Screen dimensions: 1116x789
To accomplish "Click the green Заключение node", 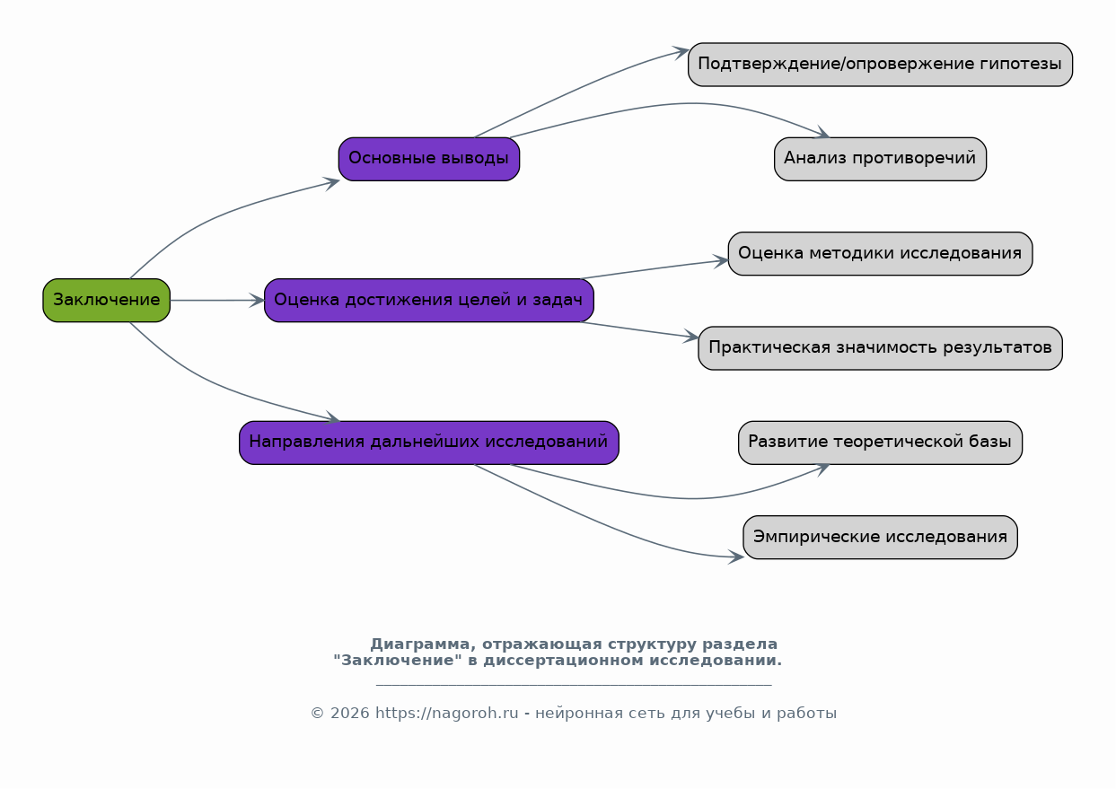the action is [107, 301].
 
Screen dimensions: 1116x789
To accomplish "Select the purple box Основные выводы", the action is [429, 159].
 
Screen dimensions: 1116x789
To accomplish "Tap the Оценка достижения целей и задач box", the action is [429, 301].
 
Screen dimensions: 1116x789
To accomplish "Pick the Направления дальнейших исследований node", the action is [429, 443].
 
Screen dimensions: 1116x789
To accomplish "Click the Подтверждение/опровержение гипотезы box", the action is [881, 65].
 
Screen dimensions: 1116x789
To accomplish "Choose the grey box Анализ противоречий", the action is [881, 159].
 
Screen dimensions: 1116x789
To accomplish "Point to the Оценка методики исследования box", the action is [881, 253].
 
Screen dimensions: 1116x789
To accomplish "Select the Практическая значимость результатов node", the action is [881, 348].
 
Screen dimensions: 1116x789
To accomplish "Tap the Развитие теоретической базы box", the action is [881, 443].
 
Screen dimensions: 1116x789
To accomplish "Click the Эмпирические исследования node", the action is [881, 538].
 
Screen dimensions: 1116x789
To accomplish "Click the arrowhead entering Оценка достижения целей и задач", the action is [257, 301].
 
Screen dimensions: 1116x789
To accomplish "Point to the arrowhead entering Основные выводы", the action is [332, 182].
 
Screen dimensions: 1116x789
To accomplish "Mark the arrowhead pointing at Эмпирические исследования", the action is [736, 557].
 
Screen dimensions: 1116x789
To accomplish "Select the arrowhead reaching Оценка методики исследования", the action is [722, 261].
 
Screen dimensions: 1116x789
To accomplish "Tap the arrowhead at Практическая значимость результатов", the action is [691, 337].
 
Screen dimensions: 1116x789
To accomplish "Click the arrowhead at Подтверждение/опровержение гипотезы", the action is [681, 52].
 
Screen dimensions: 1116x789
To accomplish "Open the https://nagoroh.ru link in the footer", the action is [447, 714].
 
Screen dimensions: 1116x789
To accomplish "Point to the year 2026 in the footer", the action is [350, 714].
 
